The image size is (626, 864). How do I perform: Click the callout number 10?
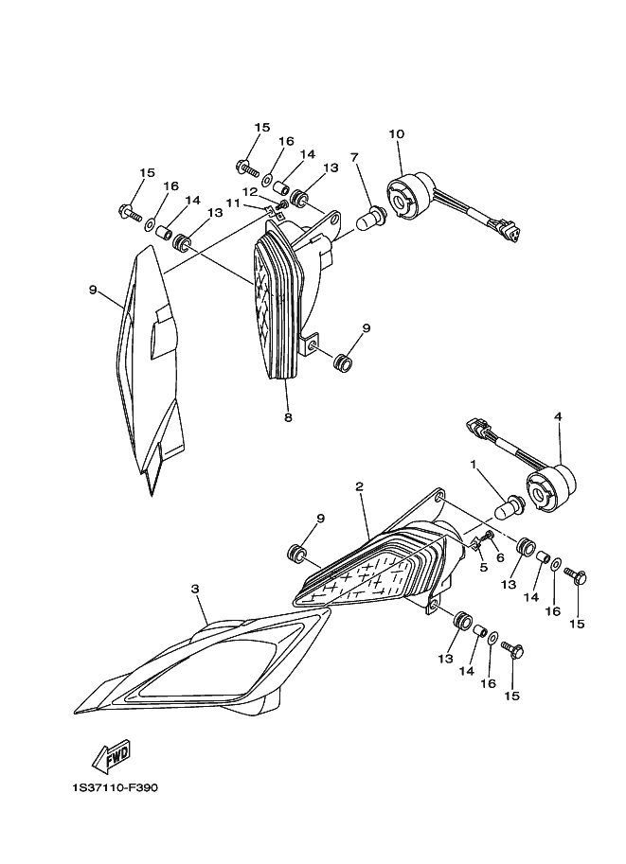(396, 133)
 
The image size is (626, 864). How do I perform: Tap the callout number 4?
(559, 415)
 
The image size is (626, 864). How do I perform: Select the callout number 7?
(354, 156)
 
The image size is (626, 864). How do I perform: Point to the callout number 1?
(473, 464)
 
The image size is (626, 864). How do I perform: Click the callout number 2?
(360, 486)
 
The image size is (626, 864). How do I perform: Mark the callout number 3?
(195, 589)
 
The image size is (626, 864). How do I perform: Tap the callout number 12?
(250, 191)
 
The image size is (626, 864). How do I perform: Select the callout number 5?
(483, 568)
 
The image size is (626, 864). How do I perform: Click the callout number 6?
(500, 557)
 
